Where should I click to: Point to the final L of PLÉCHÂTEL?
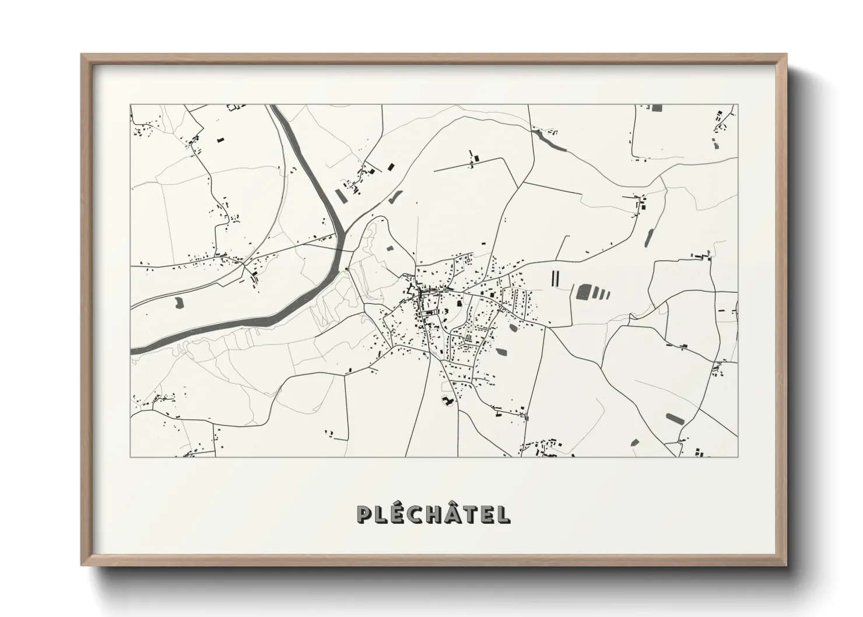pyautogui.click(x=503, y=514)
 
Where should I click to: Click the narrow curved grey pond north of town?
pyautogui.click(x=395, y=197)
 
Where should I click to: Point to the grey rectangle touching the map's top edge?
pyautogui.click(x=657, y=108)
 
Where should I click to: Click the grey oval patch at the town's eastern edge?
pyautogui.click(x=513, y=328)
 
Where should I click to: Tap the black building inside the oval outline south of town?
pyautogui.click(x=447, y=401)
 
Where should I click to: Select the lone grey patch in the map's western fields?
pyautogui.click(x=178, y=302)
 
